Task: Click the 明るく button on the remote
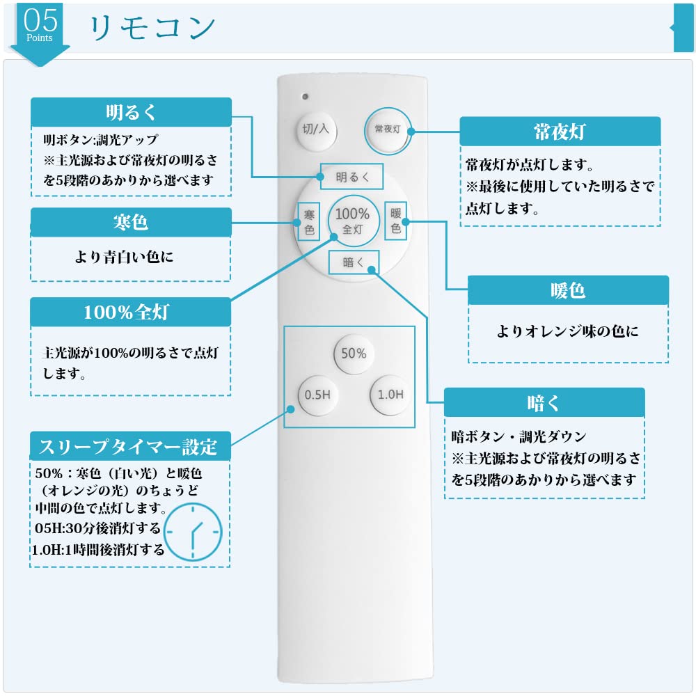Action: click(352, 177)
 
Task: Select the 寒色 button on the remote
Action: click(309, 221)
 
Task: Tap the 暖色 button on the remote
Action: click(396, 220)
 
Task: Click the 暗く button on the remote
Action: click(352, 262)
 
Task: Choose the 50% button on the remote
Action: click(354, 354)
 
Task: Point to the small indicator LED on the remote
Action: click(304, 95)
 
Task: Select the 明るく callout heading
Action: click(131, 112)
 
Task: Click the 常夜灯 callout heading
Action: click(560, 131)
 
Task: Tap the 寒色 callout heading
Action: click(131, 223)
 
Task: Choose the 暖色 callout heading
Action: click(568, 290)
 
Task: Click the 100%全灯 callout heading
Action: click(131, 312)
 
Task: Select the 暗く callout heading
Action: click(544, 402)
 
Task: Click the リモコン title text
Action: click(152, 27)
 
